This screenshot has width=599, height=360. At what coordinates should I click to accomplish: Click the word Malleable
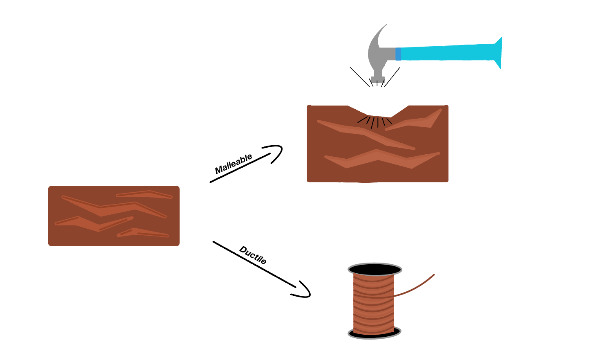click(x=233, y=164)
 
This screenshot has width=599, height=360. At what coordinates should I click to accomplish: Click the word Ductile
click(x=253, y=255)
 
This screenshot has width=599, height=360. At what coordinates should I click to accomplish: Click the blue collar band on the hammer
click(x=398, y=54)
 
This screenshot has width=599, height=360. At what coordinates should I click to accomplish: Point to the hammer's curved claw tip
click(x=384, y=26)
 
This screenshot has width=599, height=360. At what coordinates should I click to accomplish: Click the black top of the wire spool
click(x=375, y=270)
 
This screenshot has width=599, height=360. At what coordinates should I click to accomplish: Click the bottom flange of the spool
click(x=374, y=333)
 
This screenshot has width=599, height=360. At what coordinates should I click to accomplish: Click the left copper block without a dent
click(x=114, y=216)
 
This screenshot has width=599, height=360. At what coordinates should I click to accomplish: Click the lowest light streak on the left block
click(x=143, y=234)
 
